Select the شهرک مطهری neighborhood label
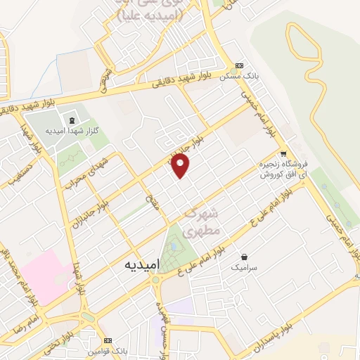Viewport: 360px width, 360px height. pyautogui.click(x=205, y=221)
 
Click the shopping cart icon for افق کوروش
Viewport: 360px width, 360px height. pyautogui.click(x=283, y=154)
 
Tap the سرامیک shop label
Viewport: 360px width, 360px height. pyautogui.click(x=244, y=268)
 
